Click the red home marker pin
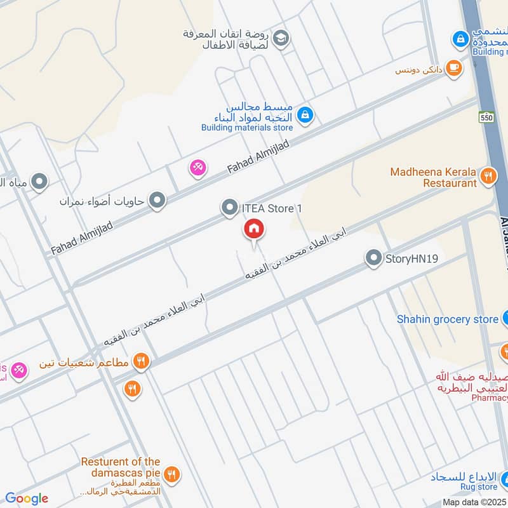coord(253,231)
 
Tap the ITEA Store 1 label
coord(267,208)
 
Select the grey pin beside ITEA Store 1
coord(229,208)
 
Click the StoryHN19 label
coord(411,258)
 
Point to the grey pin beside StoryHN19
coord(373,258)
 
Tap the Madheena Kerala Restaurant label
coord(434,177)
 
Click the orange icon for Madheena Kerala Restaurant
coord(488,176)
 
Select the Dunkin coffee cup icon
coord(453,68)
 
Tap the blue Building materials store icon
coord(305,115)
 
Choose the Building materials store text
coord(247,128)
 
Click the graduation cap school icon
coord(282,39)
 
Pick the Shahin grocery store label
coord(448,319)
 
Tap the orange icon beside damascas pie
coord(171,474)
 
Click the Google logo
coord(27,498)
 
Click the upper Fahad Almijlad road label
coord(258,158)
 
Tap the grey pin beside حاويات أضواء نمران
coord(157,202)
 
